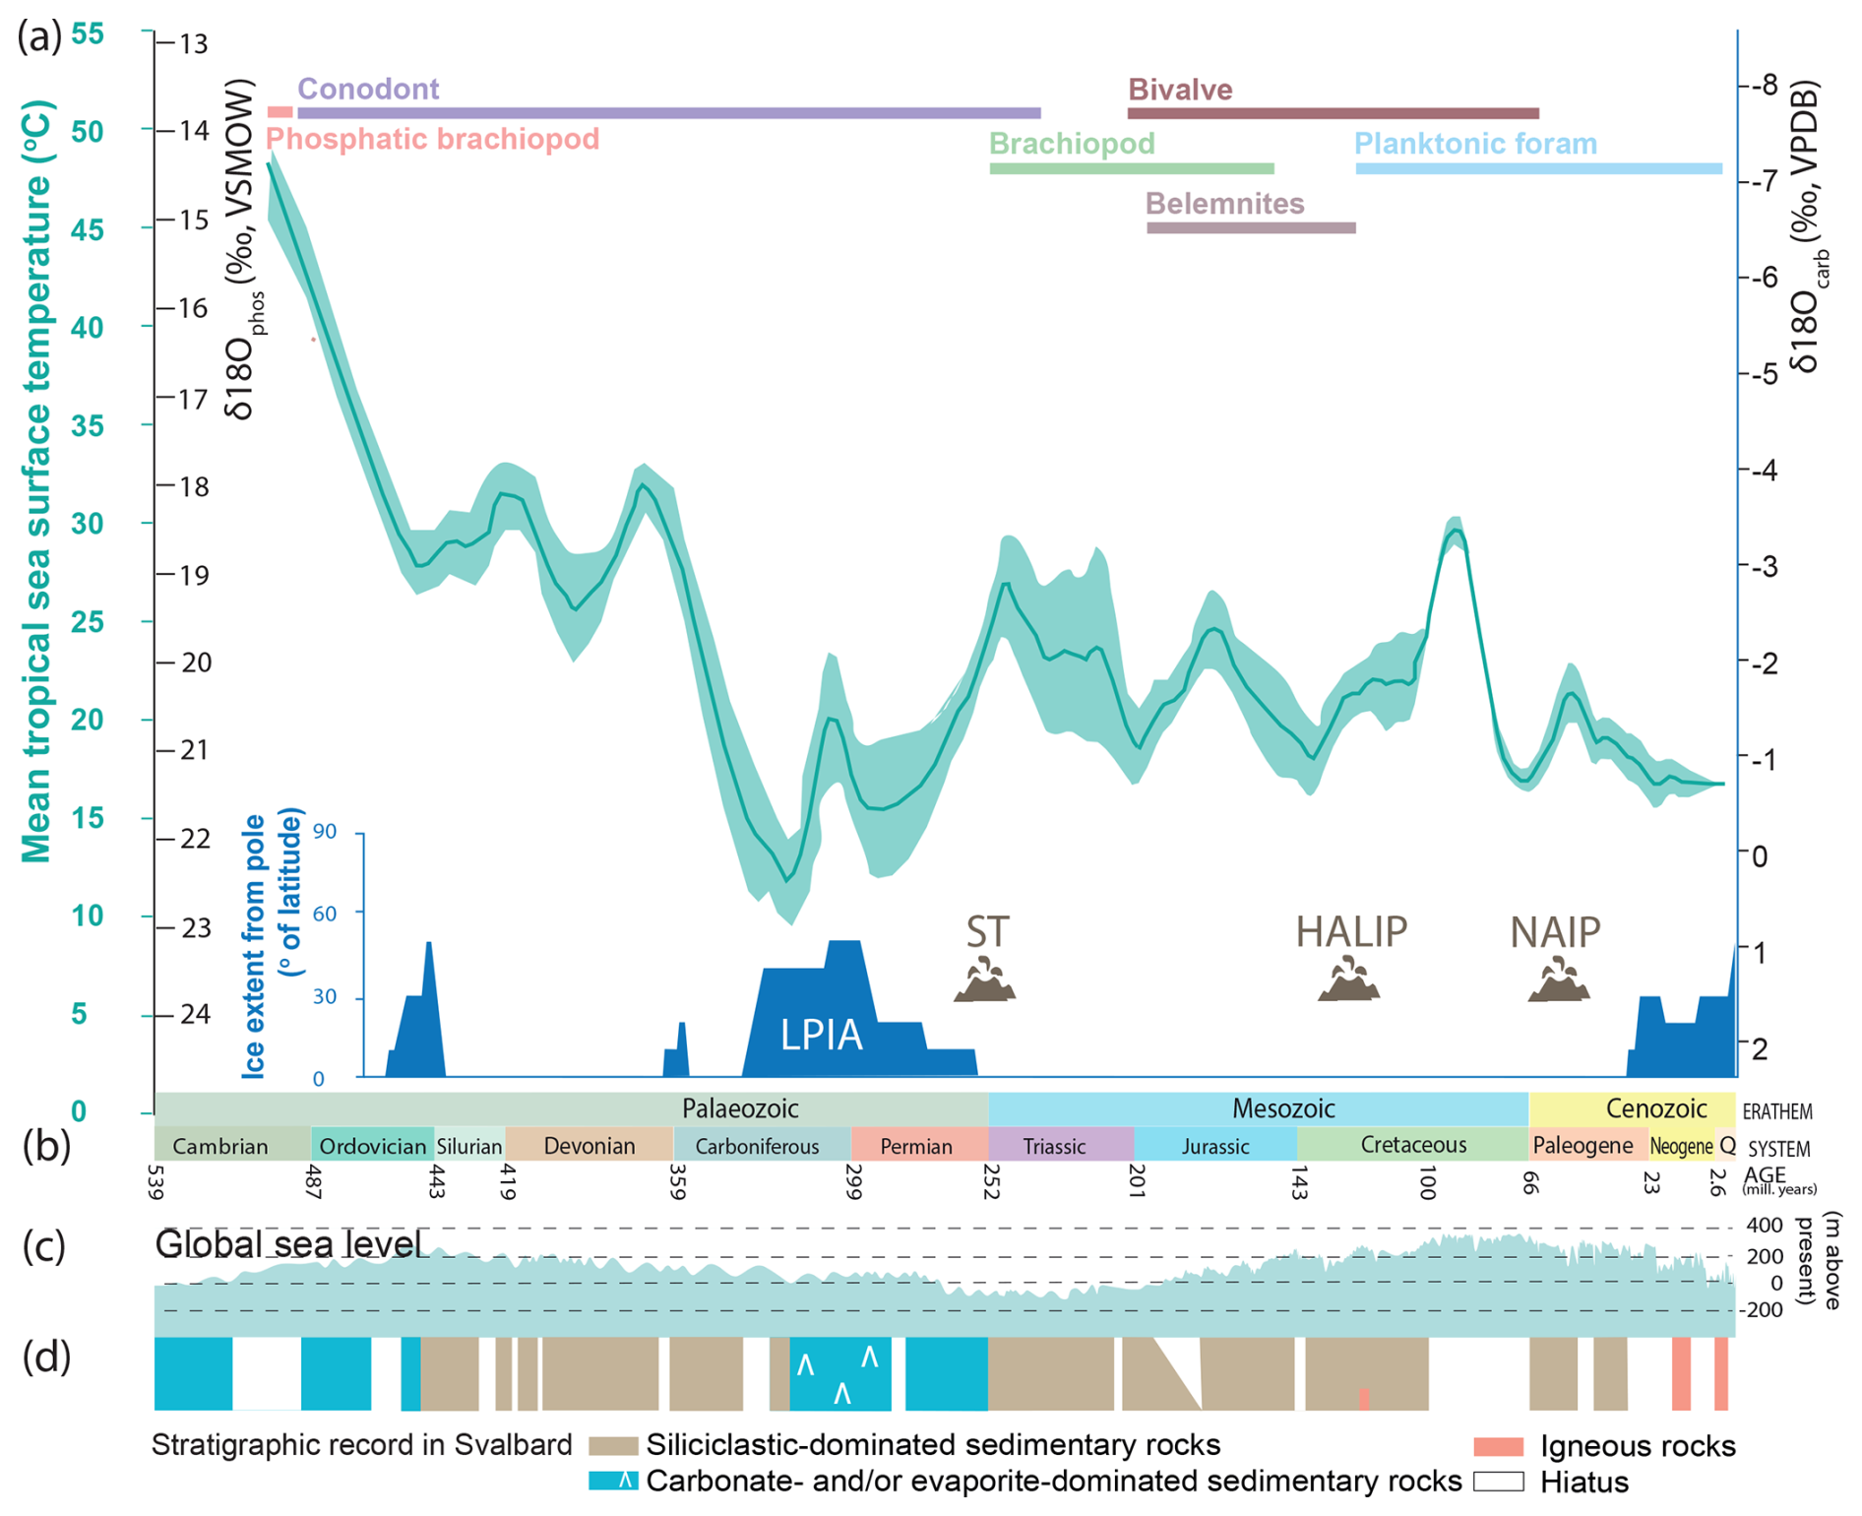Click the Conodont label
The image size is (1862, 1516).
(x=368, y=89)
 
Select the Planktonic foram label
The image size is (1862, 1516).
(x=1474, y=144)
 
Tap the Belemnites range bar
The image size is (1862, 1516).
(x=1250, y=228)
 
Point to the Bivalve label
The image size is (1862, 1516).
(x=1179, y=90)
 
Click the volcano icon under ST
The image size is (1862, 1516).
(x=985, y=980)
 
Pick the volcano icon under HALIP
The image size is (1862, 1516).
(x=1348, y=980)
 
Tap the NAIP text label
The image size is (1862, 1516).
(x=1555, y=931)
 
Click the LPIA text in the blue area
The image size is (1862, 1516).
(x=821, y=1035)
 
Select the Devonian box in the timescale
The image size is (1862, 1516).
(x=589, y=1146)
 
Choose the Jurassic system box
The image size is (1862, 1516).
(x=1215, y=1146)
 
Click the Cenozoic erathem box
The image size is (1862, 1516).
(x=1655, y=1109)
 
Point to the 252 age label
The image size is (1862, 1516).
(x=991, y=1181)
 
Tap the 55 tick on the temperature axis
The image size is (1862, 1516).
(x=87, y=34)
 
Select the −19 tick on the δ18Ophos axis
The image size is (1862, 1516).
(x=191, y=575)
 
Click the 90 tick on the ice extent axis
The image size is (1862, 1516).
(x=325, y=833)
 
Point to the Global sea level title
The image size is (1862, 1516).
(x=288, y=1244)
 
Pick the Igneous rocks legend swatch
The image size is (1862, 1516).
(x=1498, y=1446)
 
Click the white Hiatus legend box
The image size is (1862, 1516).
(x=1498, y=1482)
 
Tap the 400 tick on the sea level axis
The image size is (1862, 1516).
(x=1764, y=1227)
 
